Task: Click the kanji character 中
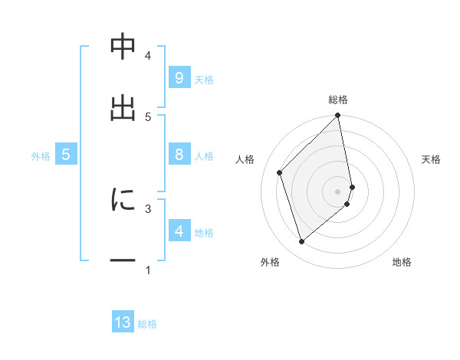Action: [x=123, y=47]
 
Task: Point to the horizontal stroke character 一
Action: [x=123, y=260]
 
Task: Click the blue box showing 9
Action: [x=179, y=77]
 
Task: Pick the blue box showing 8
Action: [x=179, y=154]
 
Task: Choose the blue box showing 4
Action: [x=179, y=231]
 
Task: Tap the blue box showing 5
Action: [x=66, y=154]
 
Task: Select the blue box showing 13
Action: [x=123, y=322]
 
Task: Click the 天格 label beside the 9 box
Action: [x=204, y=79]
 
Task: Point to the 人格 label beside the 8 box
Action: [x=204, y=156]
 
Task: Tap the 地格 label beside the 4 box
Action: [x=204, y=233]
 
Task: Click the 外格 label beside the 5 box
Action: [x=41, y=156]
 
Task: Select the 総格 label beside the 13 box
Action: [x=147, y=325]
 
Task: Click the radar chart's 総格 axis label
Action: [x=338, y=100]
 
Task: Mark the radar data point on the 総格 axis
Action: [x=338, y=116]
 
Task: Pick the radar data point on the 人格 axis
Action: [x=280, y=172]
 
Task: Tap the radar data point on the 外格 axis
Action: [x=301, y=242]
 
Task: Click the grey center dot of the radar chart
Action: [x=338, y=191]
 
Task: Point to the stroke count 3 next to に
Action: [x=148, y=207]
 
